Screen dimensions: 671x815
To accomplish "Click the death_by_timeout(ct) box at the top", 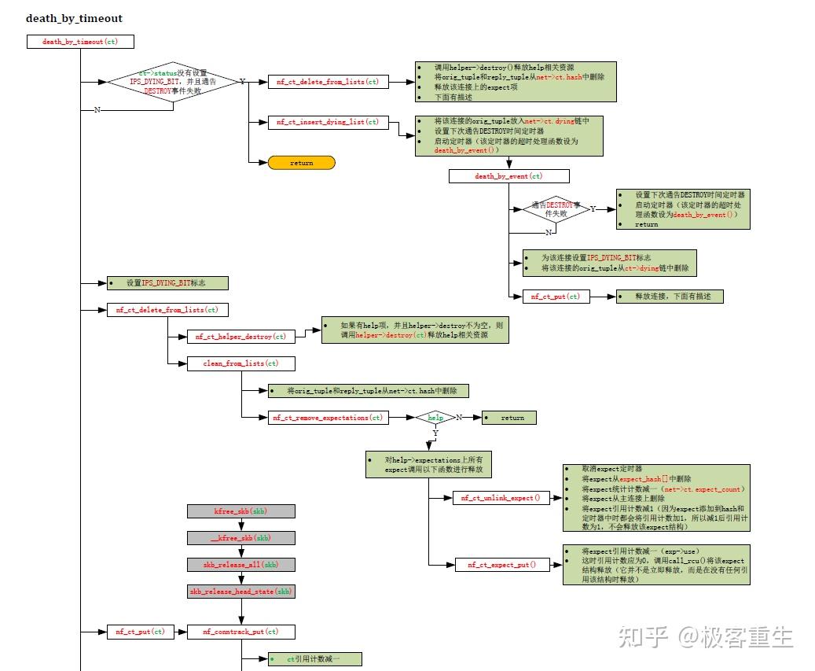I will click(x=80, y=42).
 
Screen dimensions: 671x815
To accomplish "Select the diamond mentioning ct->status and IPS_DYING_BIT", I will click(x=172, y=82).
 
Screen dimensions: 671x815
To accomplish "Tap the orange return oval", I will click(x=301, y=163).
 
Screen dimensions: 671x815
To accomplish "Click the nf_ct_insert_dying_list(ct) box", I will click(x=328, y=122).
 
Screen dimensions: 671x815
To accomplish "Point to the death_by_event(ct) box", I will click(x=508, y=176).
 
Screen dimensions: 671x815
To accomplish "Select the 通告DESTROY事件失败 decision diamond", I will click(x=556, y=209).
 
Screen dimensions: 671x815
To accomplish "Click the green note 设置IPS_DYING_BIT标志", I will click(x=167, y=283).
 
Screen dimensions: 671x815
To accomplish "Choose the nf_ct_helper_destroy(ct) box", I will click(x=240, y=337).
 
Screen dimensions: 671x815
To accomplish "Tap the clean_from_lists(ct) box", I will click(x=240, y=363).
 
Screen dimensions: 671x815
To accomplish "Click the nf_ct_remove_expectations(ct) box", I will click(x=328, y=418).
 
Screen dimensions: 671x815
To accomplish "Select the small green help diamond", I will click(x=435, y=418).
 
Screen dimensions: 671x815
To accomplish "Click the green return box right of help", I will click(x=509, y=418).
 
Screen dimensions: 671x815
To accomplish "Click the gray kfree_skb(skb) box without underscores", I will click(x=240, y=511).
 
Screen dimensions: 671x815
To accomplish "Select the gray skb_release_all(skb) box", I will click(x=240, y=565).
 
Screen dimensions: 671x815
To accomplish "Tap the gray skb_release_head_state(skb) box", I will click(x=240, y=592).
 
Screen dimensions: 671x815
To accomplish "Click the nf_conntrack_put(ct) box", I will click(x=240, y=632).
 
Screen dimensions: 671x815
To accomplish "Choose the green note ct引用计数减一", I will click(x=313, y=659).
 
